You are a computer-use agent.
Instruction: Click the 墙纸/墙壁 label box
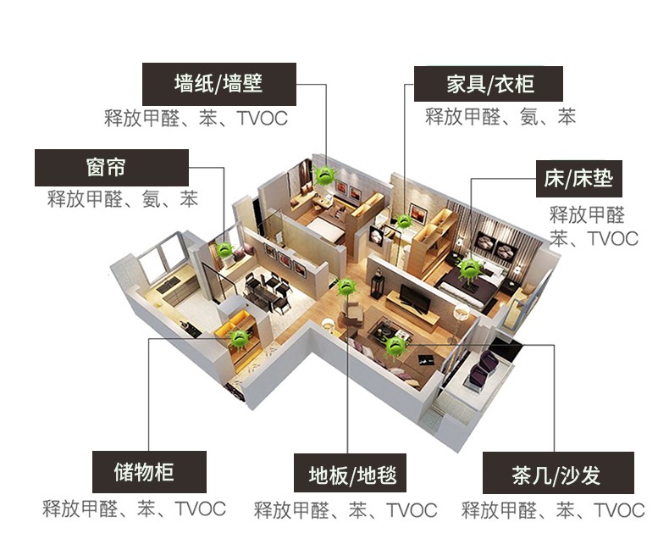pos(218,84)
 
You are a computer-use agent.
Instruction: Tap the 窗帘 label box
pos(111,167)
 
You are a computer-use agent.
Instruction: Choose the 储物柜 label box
pos(148,471)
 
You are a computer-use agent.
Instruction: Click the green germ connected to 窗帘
pos(225,250)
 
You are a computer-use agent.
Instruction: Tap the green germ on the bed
pos(470,268)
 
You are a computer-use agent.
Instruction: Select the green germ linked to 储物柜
pos(241,337)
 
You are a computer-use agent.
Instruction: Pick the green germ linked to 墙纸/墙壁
pos(324,175)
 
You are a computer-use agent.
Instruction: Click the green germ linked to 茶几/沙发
pos(395,345)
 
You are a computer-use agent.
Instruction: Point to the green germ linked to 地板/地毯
pos(347,286)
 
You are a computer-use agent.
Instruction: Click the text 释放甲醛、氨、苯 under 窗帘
pos(123,200)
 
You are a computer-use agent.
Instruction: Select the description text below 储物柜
pos(135,508)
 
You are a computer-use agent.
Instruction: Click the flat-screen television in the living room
pos(413,297)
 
